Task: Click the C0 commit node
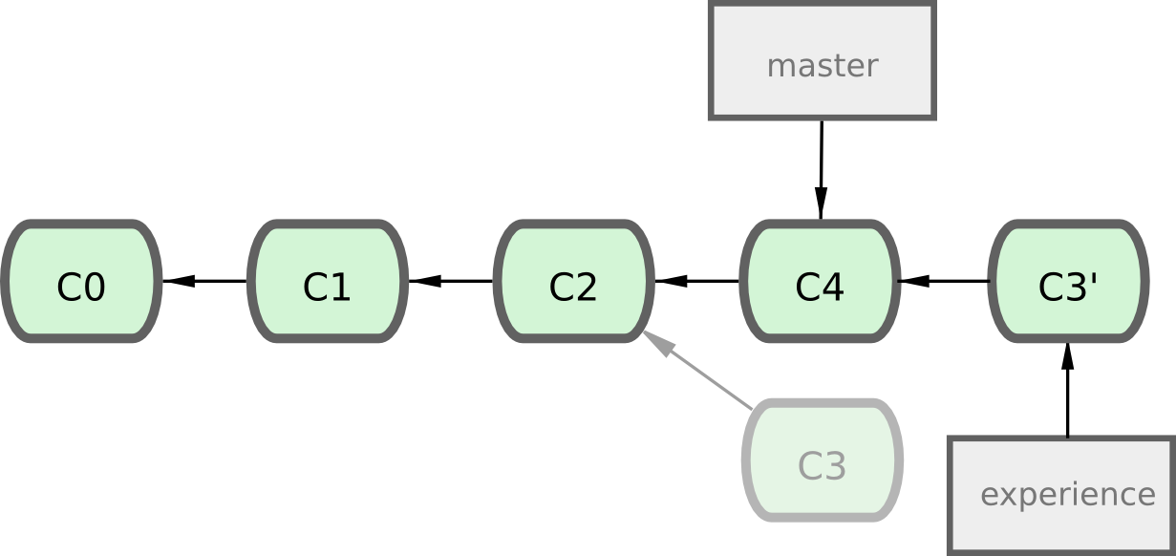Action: [x=81, y=282]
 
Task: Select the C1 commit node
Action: [x=328, y=282]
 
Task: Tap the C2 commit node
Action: [x=574, y=282]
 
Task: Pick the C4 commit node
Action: [x=821, y=282]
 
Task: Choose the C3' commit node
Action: [x=1067, y=282]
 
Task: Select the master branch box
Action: [x=822, y=63]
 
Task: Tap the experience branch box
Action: [x=1061, y=495]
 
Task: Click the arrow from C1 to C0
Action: [x=204, y=281]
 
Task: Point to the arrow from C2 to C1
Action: [x=451, y=281]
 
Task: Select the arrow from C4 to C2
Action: [x=697, y=281]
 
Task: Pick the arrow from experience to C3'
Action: [x=1067, y=392]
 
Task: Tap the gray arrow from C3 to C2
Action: [x=702, y=373]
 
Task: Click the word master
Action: [x=822, y=66]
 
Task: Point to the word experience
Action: [x=1067, y=495]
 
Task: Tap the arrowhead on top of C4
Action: [x=821, y=203]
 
